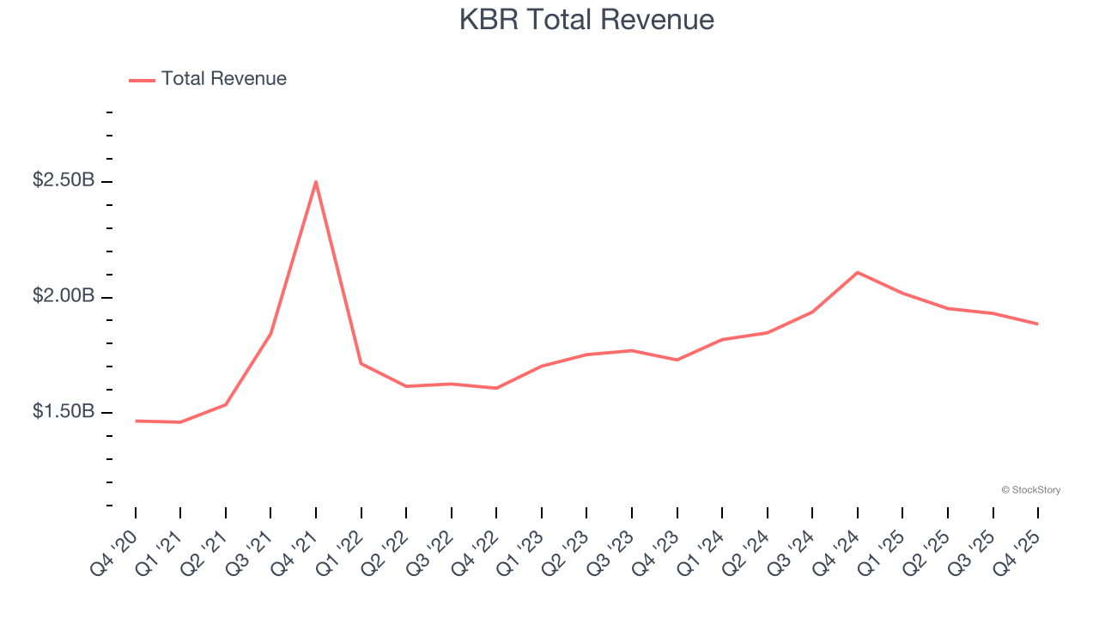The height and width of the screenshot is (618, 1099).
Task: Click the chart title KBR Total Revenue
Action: (x=586, y=20)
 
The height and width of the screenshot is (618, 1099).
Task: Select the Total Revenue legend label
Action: (x=223, y=79)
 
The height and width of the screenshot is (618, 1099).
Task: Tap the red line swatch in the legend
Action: (x=142, y=80)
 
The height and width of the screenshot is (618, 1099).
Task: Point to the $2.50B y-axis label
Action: (x=64, y=181)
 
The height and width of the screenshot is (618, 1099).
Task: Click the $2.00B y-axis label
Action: (x=64, y=296)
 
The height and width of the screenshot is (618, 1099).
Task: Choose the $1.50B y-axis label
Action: (x=64, y=412)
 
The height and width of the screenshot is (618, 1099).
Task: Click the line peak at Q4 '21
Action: (x=316, y=182)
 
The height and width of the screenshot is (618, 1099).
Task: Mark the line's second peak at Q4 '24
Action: (x=858, y=272)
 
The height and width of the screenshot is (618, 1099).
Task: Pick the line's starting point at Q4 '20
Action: (x=136, y=421)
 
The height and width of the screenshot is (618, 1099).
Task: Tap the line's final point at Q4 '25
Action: (x=1037, y=324)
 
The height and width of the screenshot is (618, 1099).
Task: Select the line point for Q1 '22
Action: (x=361, y=363)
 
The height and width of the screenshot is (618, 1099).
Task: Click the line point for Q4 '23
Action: (x=677, y=360)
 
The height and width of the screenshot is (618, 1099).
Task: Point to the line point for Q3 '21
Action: (x=270, y=334)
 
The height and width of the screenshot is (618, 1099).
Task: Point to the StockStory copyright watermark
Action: (x=1030, y=490)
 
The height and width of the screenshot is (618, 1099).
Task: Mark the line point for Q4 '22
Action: (x=496, y=388)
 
